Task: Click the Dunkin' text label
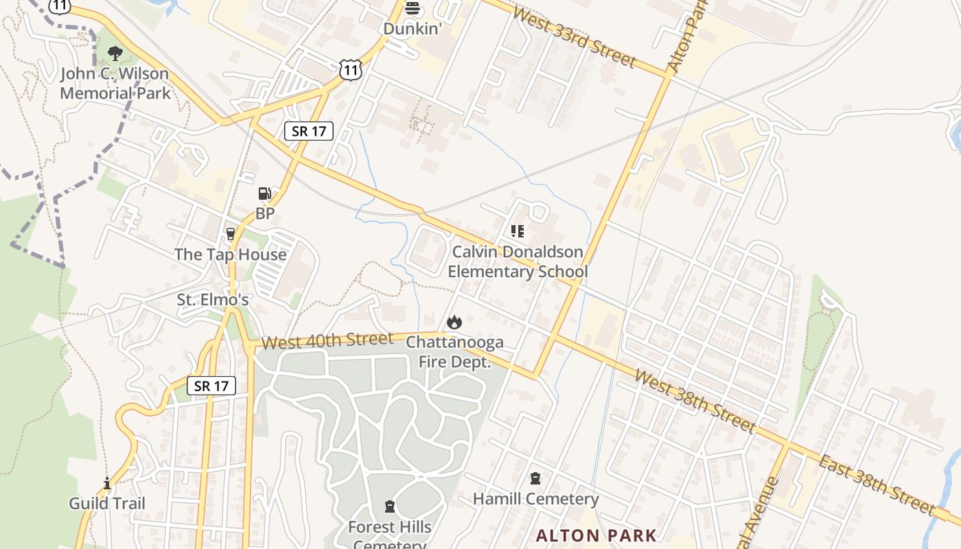click(x=411, y=29)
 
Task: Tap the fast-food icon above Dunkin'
click(x=413, y=8)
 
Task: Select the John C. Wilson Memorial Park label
click(x=115, y=83)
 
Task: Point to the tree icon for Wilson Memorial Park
click(x=115, y=53)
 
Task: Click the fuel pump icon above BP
click(x=265, y=194)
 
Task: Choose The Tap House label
click(x=230, y=255)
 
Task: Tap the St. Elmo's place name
click(x=213, y=300)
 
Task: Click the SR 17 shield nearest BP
click(x=309, y=131)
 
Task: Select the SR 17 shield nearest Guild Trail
click(x=211, y=386)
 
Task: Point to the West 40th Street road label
click(x=327, y=340)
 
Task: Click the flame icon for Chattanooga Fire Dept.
click(x=454, y=322)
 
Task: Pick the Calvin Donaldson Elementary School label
click(x=518, y=261)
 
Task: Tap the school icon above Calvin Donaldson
click(x=517, y=231)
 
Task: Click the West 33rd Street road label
click(x=574, y=37)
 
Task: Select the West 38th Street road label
click(x=694, y=401)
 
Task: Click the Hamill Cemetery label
click(x=535, y=499)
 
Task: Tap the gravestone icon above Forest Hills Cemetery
click(x=390, y=506)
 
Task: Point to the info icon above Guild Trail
click(x=107, y=483)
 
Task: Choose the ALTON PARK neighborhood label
click(x=597, y=535)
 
